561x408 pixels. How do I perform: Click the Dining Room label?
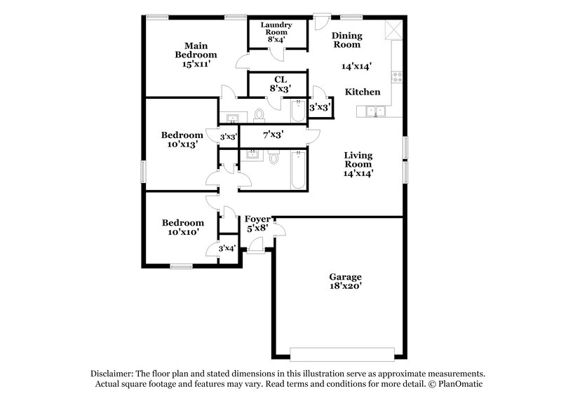pos(346,39)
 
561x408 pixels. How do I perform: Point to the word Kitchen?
pos(363,92)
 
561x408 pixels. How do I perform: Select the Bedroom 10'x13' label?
pos(182,140)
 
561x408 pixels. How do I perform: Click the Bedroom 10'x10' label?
pos(182,228)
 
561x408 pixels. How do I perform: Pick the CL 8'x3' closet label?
pos(280,84)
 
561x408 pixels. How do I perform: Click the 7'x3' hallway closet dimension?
pos(273,135)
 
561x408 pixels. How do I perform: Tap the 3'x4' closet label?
pos(227,248)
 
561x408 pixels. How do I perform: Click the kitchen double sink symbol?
pos(374,111)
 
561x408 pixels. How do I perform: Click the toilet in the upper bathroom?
pos(259,114)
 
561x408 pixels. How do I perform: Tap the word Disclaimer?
pos(112,374)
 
